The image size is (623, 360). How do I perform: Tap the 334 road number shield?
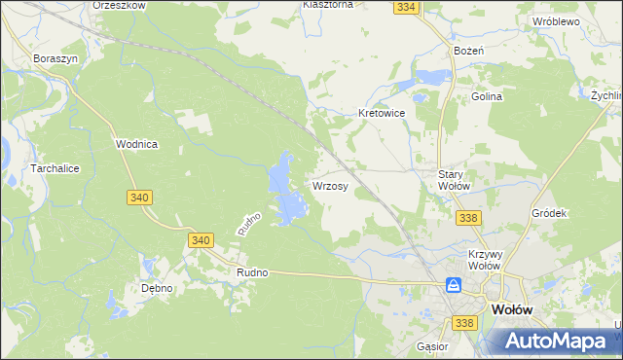[x=407, y=8]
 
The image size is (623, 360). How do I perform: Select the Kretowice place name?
[x=381, y=113]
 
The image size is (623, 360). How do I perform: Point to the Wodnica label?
[x=137, y=143]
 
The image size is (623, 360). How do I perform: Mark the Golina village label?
[x=487, y=96]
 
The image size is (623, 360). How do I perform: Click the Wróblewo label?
[x=556, y=20]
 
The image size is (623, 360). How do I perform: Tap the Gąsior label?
[x=431, y=345]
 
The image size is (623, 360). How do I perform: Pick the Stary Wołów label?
[x=453, y=180]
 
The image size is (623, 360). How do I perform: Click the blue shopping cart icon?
[x=454, y=285]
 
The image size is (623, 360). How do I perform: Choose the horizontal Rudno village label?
[x=251, y=273]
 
